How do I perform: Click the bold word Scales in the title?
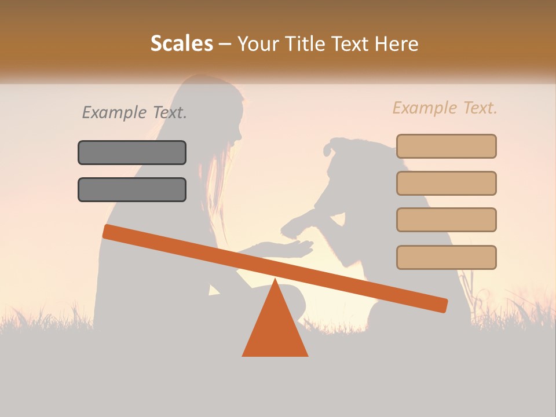182,44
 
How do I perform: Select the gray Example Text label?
134,112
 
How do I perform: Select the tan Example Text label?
445,108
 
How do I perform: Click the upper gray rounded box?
132,152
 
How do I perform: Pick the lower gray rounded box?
132,189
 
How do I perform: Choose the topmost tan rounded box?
446,146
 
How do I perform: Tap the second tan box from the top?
446,183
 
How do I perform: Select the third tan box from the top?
446,220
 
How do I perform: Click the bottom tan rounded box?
446,257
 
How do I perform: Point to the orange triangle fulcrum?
275,327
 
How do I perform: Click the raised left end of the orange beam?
110,232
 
